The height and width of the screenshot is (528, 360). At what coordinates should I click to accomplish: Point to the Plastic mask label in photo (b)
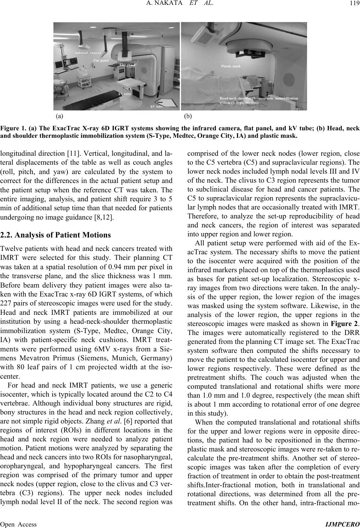(x=231, y=66)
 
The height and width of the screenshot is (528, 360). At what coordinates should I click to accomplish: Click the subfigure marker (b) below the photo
(x=189, y=116)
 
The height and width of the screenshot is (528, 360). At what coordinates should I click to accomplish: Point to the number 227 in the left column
(x=6, y=289)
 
